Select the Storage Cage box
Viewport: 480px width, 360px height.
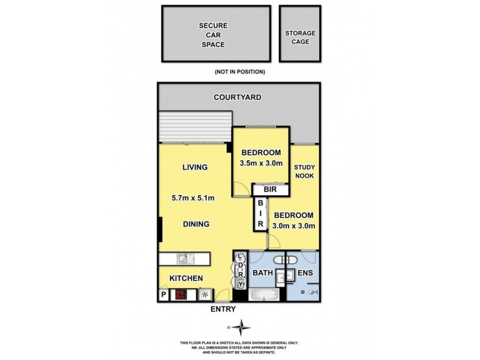pyautogui.click(x=300, y=37)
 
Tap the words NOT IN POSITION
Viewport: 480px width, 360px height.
pyautogui.click(x=239, y=71)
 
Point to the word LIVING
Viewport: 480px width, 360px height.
pyautogui.click(x=195, y=167)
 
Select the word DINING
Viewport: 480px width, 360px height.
pyautogui.click(x=196, y=224)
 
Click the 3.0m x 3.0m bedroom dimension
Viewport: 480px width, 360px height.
pyautogui.click(x=295, y=226)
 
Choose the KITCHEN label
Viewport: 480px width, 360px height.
pyautogui.click(x=186, y=278)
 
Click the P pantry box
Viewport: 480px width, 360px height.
pyautogui.click(x=163, y=295)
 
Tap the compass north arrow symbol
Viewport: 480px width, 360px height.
pyautogui.click(x=241, y=328)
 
